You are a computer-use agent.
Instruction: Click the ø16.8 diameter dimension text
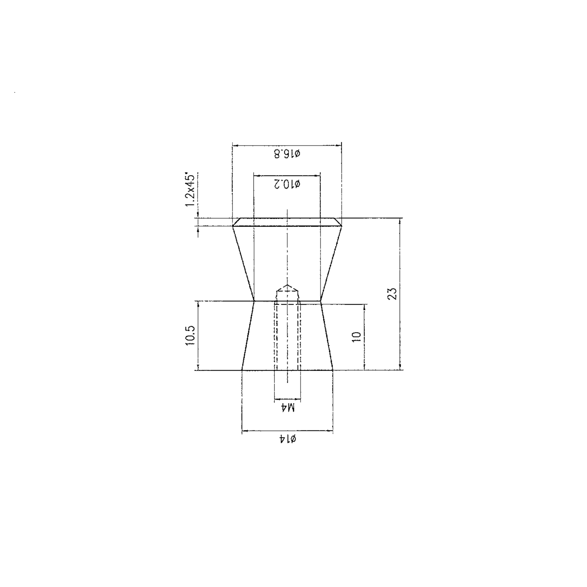pyautogui.click(x=287, y=154)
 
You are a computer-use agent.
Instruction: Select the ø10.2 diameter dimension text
pyautogui.click(x=287, y=184)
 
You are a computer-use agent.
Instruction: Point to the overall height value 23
pyautogui.click(x=392, y=293)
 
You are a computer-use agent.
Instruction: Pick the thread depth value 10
pyautogui.click(x=357, y=337)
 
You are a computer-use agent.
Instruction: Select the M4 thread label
pyautogui.click(x=287, y=408)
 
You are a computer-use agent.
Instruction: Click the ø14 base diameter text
pyautogui.click(x=287, y=439)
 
